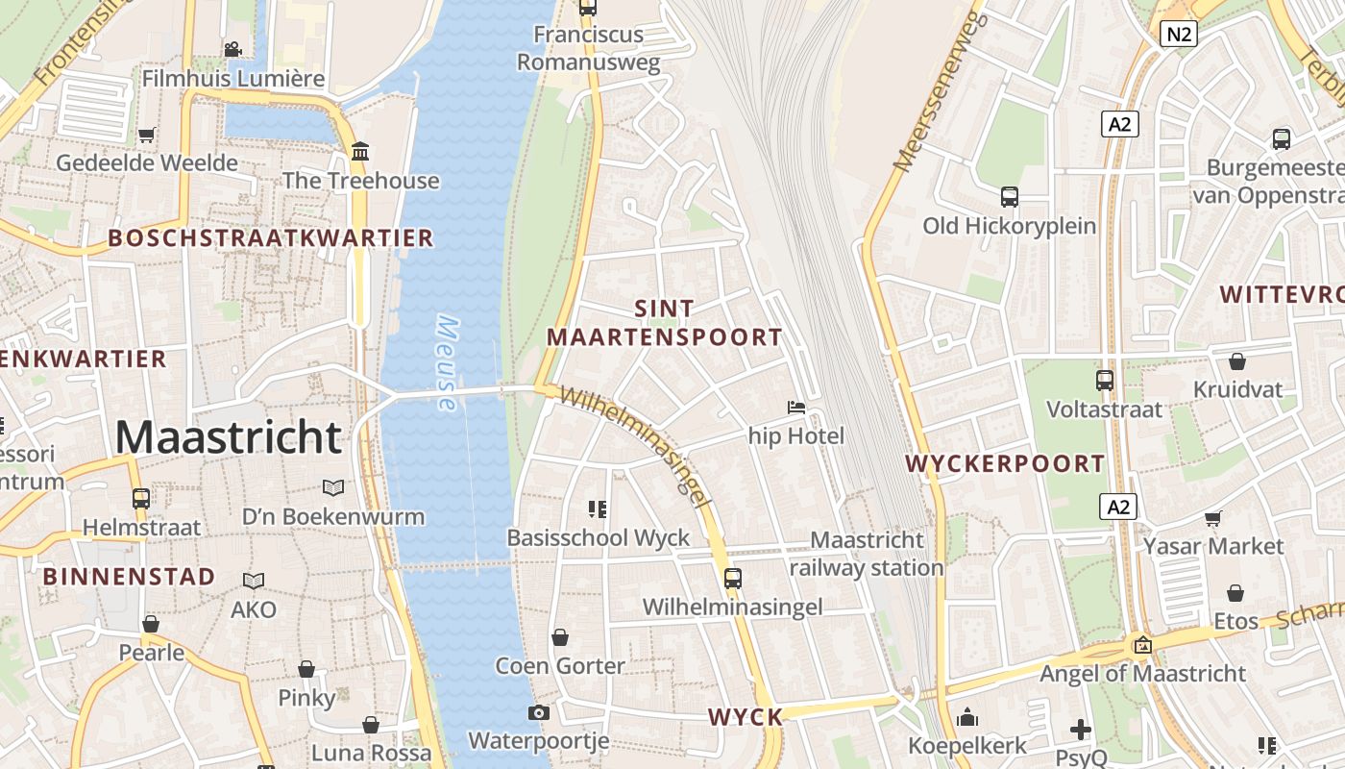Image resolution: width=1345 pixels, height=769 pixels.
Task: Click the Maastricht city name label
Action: point(228,437)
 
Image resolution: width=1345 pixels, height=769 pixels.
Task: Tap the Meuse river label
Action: point(446,363)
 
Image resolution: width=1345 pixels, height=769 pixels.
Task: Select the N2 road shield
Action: point(1178,35)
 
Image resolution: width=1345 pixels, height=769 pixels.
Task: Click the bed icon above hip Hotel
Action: point(796,408)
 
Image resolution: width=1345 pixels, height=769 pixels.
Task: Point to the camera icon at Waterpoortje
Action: point(539,712)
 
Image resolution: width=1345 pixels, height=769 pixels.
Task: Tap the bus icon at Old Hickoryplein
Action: point(1009,197)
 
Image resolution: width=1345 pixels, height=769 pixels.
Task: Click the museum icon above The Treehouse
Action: point(361,152)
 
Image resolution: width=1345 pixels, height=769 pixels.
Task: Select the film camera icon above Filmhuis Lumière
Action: point(232,49)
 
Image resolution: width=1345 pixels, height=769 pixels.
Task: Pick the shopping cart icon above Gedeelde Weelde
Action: point(146,135)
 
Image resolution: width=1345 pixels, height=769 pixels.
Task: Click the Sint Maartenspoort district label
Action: point(665,323)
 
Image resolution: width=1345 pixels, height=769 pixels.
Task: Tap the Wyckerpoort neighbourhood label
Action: point(1005,463)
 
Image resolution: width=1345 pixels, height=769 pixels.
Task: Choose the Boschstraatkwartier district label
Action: point(270,238)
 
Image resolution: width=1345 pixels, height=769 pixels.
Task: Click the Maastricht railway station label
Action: point(867,554)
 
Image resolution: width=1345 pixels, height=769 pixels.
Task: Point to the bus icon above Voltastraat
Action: point(1105,381)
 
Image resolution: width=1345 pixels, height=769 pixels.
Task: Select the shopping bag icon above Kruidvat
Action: point(1237,361)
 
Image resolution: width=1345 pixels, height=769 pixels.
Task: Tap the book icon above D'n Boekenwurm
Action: point(333,488)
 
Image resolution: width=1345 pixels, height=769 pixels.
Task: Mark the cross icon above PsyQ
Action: point(1081,730)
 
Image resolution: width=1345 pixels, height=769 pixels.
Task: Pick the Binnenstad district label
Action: point(129,577)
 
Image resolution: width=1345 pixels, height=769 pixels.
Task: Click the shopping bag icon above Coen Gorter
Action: point(560,637)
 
